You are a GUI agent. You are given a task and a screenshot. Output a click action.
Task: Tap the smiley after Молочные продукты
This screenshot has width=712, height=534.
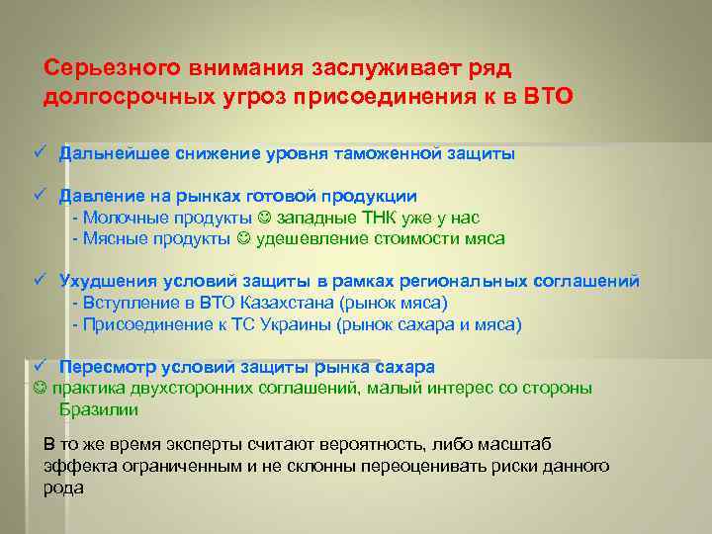(x=264, y=217)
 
